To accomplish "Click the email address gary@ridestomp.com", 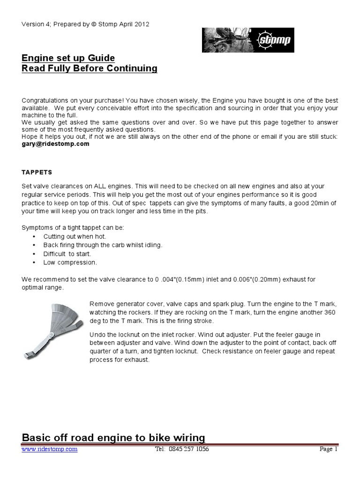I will click(55, 144).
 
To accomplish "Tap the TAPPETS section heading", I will click(37, 172).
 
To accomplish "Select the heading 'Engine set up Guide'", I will click(68, 58).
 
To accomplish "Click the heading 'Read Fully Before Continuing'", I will click(90, 69).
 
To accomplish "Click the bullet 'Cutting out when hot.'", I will click(75, 237).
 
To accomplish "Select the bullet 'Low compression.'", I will click(70, 262).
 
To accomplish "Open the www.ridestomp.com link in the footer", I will click(50, 449).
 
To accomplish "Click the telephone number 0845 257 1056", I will click(189, 449).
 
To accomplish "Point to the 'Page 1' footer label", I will click(329, 449).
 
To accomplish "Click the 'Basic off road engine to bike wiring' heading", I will click(113, 438).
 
